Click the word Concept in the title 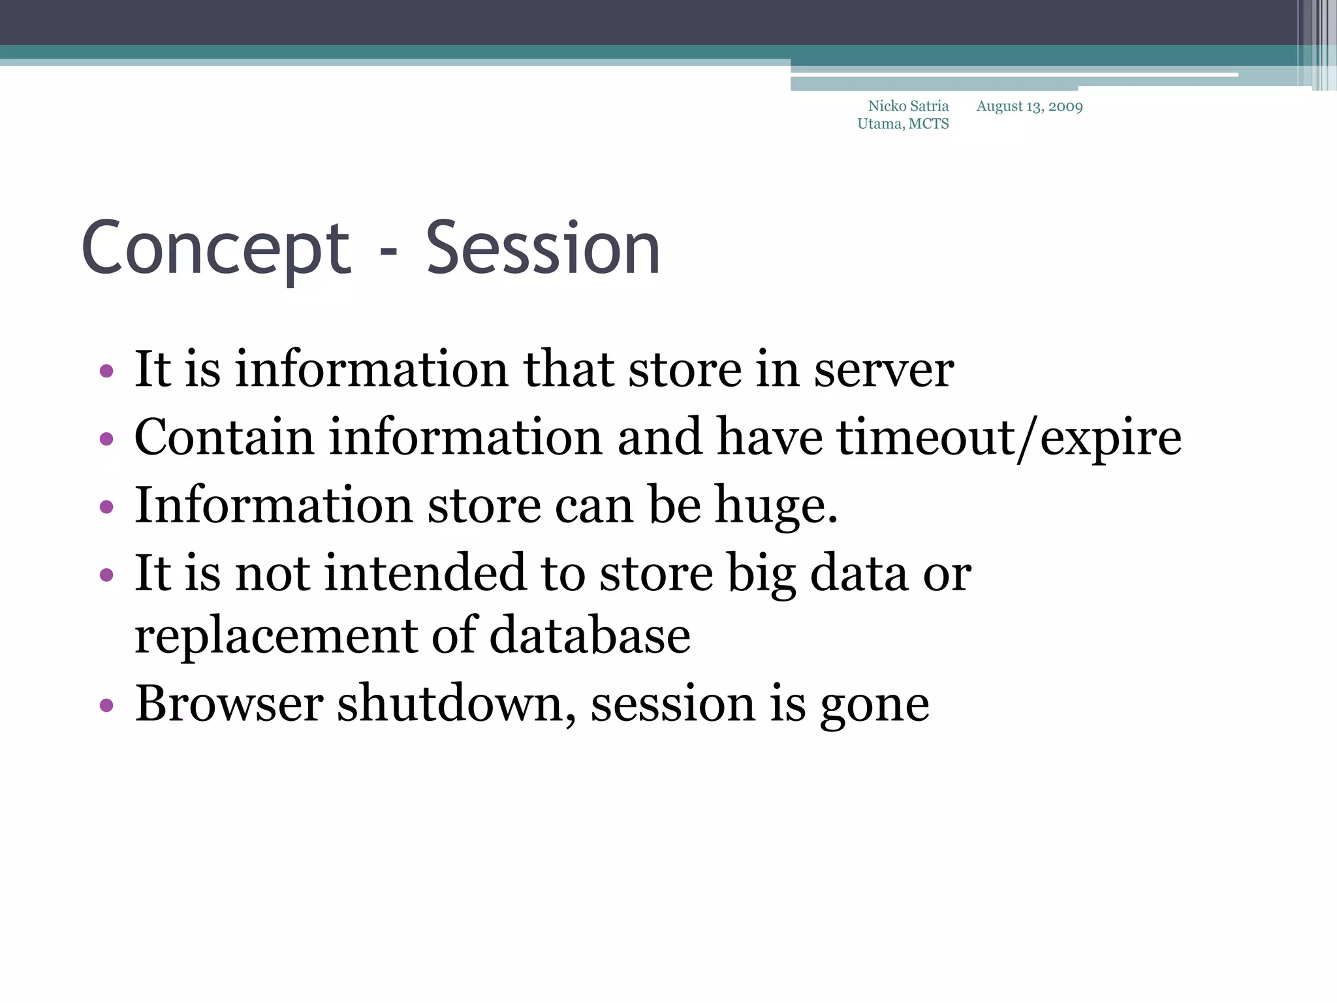(x=216, y=249)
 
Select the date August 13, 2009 (x=1030, y=106)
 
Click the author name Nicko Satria (x=908, y=106)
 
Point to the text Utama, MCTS (x=903, y=124)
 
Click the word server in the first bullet (x=884, y=370)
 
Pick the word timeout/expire (x=1009, y=438)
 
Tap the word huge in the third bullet (x=770, y=507)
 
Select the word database (x=590, y=636)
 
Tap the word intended (x=424, y=573)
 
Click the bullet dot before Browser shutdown (x=106, y=706)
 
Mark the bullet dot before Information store (x=106, y=507)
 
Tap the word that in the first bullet (x=569, y=370)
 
